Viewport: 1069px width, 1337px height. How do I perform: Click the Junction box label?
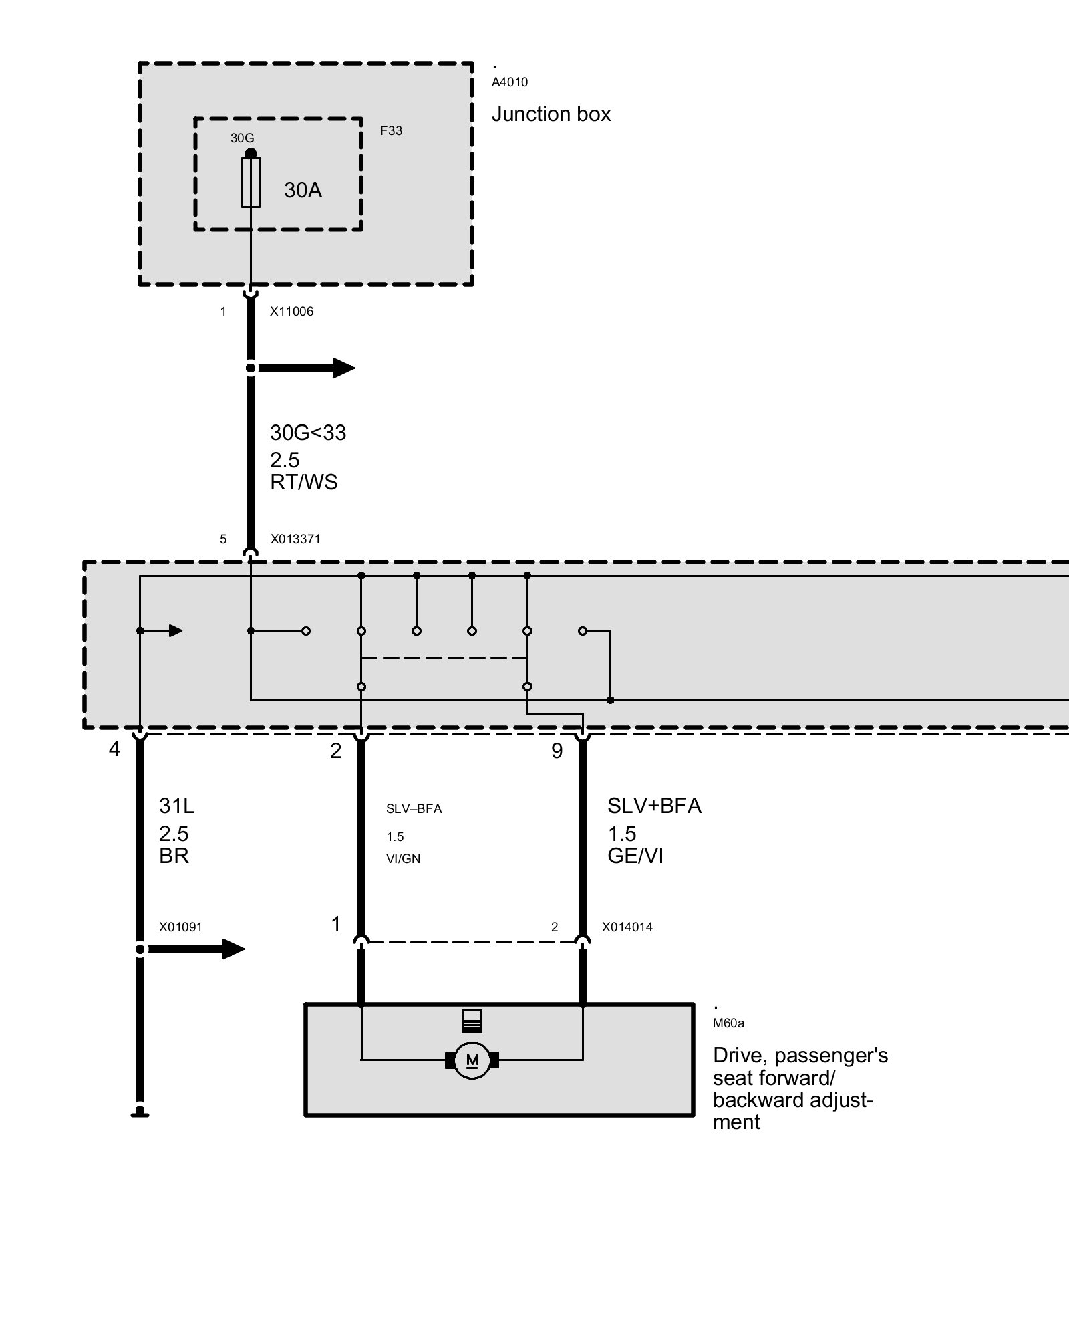551,114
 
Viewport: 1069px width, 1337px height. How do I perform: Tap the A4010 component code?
510,82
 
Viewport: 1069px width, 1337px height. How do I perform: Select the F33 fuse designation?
392,130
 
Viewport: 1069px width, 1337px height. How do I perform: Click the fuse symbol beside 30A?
251,182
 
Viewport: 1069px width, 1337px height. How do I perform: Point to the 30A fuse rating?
303,191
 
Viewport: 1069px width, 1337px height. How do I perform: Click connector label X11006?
291,312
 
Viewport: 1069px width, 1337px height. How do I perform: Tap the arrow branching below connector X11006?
307,368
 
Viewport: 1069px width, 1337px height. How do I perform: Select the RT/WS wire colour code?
304,482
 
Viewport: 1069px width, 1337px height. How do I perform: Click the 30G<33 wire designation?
308,433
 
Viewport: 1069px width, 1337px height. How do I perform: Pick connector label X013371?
295,539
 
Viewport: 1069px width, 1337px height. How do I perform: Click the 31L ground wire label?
176,806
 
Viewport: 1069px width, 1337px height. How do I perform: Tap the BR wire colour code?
174,856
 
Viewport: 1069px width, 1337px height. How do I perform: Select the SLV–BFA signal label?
414,809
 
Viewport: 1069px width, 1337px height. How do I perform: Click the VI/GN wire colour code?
403,858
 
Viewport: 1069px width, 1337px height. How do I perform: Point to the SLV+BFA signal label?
654,806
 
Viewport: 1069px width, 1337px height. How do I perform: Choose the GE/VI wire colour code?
635,856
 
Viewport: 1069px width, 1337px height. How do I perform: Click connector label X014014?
627,927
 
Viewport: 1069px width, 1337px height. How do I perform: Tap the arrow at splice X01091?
197,949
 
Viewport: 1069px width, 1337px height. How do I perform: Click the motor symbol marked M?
472,1060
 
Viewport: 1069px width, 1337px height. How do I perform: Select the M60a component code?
728,1023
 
